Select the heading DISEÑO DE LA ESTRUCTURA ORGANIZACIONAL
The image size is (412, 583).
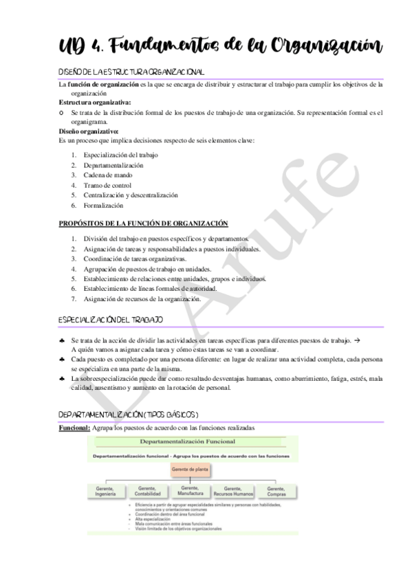pos(131,72)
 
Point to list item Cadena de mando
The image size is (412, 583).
pos(108,175)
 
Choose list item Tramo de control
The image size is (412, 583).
pos(107,185)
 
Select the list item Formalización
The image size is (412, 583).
pos(104,205)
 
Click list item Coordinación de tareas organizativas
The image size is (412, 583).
pos(135,258)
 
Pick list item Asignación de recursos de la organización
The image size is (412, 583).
pos(142,298)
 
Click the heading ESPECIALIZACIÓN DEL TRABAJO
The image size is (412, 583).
pos(111,320)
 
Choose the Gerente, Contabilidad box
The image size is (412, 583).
pos(148,492)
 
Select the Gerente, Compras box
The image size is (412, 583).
pos(276,492)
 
